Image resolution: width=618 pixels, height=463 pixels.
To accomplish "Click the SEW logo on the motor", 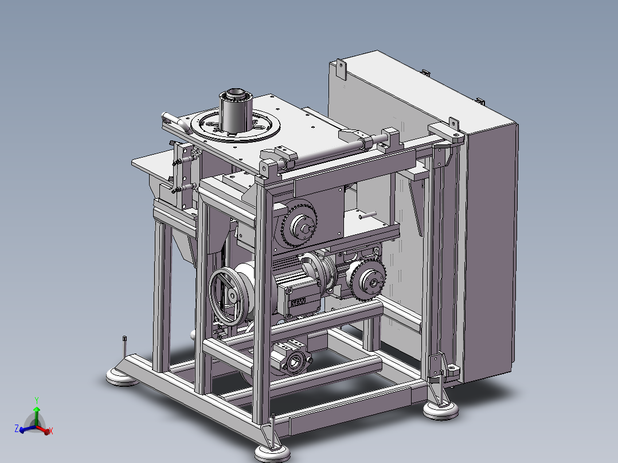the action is pyautogui.click(x=298, y=303).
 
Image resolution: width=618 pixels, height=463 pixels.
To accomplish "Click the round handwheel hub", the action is pyautogui.click(x=232, y=296).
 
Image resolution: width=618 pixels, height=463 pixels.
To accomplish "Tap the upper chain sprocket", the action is pyautogui.click(x=299, y=223).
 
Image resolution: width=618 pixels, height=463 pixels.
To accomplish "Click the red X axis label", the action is pyautogui.click(x=51, y=431).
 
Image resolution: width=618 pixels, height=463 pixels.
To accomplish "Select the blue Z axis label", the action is pyautogui.click(x=17, y=428).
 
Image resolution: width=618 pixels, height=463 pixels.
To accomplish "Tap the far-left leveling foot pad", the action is pyautogui.click(x=122, y=377).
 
